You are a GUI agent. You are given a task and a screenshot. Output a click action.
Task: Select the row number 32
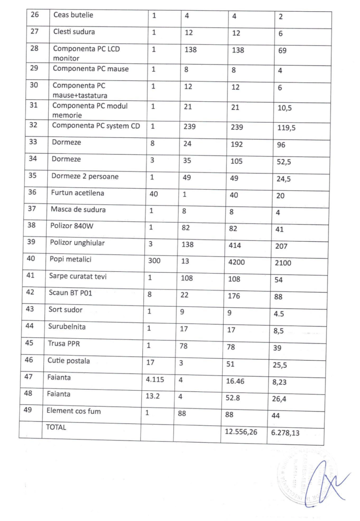pos(33,126)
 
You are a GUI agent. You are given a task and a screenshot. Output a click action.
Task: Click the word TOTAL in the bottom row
pos(56,428)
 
